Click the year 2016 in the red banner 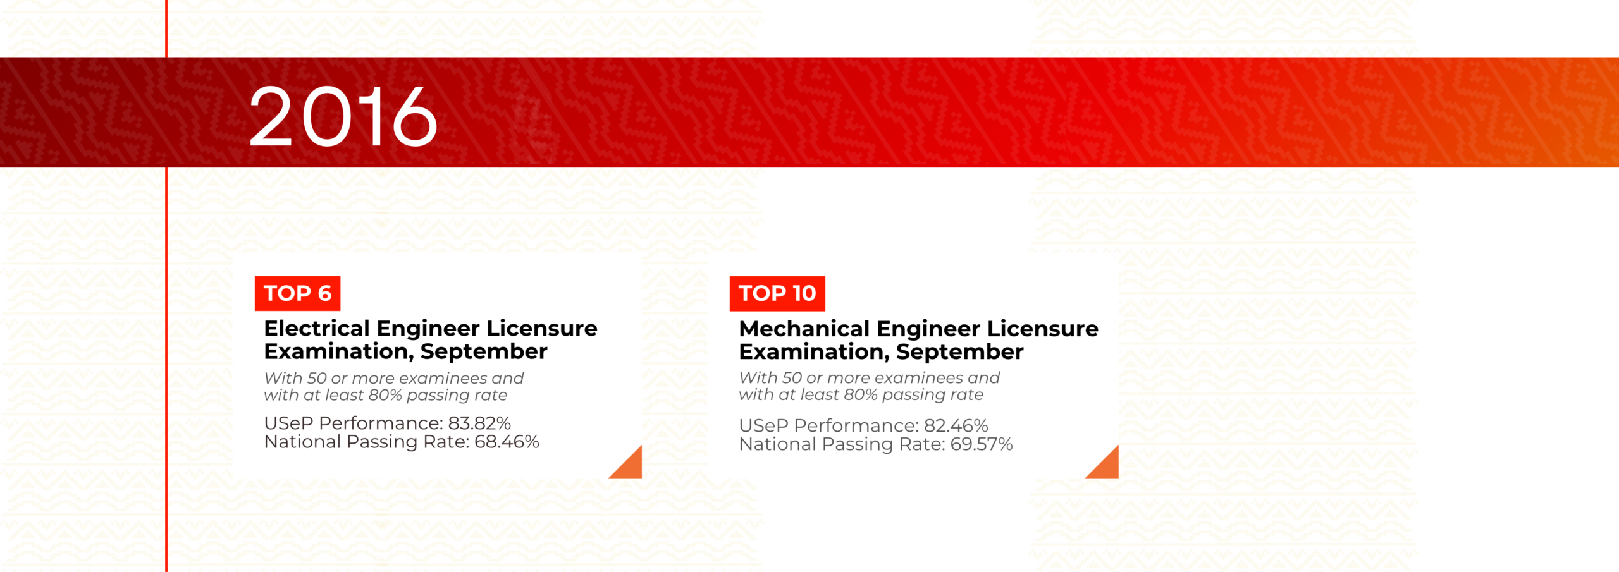(x=343, y=116)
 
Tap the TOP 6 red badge (x=297, y=293)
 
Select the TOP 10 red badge (x=777, y=293)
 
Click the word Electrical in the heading (x=317, y=328)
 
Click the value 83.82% (x=479, y=423)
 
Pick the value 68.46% (x=507, y=441)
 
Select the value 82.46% (x=956, y=425)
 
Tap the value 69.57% (x=982, y=444)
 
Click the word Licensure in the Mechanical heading (x=1042, y=329)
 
